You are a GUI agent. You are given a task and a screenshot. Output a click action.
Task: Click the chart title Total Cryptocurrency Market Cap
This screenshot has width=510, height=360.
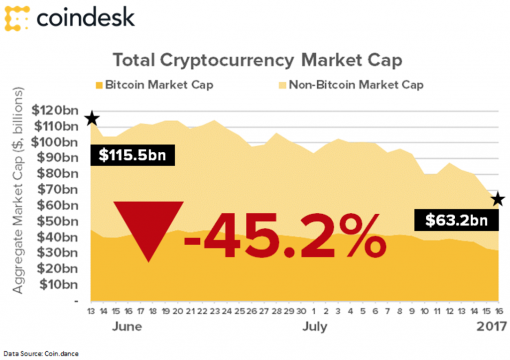(x=257, y=60)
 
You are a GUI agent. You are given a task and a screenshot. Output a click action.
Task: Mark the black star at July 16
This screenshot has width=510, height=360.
(x=498, y=200)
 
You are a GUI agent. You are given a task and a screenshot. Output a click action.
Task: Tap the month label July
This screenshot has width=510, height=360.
(x=314, y=327)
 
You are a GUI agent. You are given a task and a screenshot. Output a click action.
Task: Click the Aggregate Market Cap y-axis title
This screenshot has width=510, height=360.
(x=19, y=192)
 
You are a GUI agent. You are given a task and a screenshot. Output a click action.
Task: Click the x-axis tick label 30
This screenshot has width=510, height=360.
(x=301, y=312)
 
